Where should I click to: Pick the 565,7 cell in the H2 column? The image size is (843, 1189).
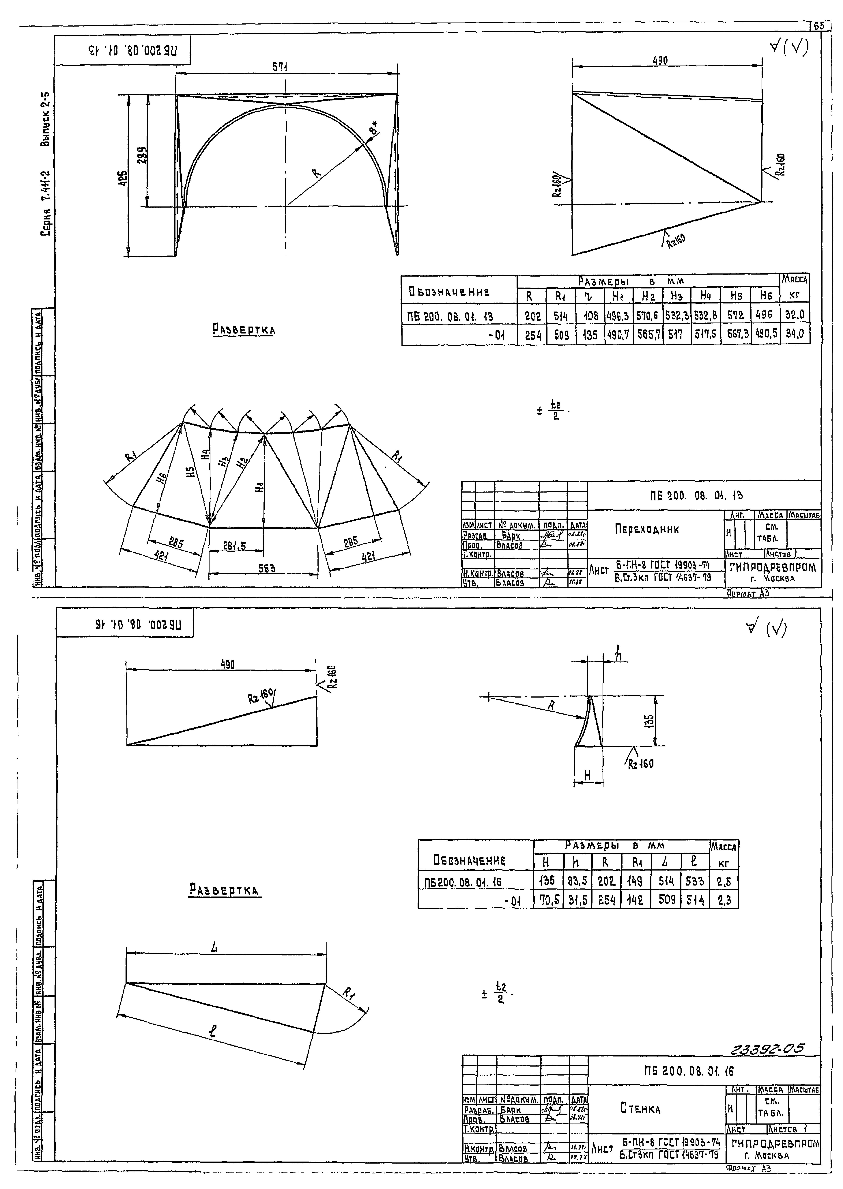click(648, 335)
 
